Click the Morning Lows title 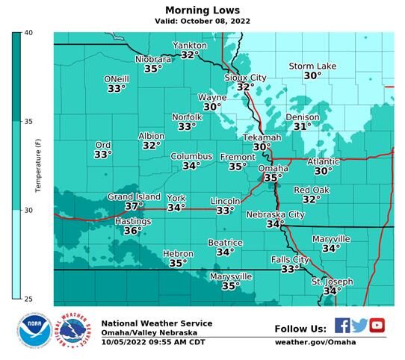202,10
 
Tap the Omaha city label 272,169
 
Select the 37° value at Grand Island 134,206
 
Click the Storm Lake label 312,66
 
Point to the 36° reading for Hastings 132,232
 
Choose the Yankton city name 190,46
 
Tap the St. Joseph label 332,282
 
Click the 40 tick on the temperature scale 28,34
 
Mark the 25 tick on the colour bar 28,300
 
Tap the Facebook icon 342,325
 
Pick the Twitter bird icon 359,325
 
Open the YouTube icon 377,325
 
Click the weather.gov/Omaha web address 315,342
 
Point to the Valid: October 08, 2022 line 202,22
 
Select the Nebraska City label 276,214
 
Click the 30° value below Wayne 212,108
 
